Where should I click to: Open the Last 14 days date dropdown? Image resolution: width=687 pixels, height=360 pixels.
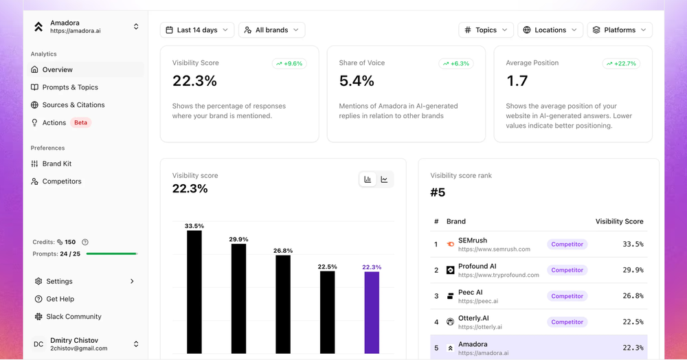[197, 30]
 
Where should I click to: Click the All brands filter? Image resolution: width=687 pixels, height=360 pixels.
[271, 30]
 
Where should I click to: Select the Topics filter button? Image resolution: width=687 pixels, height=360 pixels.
[486, 30]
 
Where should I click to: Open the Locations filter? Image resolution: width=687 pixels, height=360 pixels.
[550, 30]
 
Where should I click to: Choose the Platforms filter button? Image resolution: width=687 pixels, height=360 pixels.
[620, 30]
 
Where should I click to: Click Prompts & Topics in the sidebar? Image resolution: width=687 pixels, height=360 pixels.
[70, 87]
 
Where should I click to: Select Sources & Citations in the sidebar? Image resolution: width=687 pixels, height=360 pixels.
[74, 104]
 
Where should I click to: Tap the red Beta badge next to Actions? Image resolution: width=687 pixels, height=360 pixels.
[80, 122]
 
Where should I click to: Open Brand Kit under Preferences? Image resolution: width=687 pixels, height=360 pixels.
[57, 164]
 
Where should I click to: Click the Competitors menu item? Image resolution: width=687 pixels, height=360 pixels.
[62, 181]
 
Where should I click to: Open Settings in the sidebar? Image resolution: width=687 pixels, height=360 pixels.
[59, 281]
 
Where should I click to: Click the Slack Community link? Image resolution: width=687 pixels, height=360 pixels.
[74, 316]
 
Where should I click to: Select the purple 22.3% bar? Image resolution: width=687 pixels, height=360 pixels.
[372, 313]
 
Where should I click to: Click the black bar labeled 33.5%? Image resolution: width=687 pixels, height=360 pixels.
[194, 292]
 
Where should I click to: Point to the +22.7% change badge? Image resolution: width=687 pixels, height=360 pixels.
[621, 63]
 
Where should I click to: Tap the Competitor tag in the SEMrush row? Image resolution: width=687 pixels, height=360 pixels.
[567, 245]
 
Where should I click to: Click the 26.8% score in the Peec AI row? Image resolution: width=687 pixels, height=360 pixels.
[633, 296]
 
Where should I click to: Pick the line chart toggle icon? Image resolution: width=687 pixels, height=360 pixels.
[384, 179]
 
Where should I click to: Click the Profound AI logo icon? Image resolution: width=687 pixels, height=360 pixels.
[450, 270]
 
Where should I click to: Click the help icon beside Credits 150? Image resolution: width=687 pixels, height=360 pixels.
[85, 243]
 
